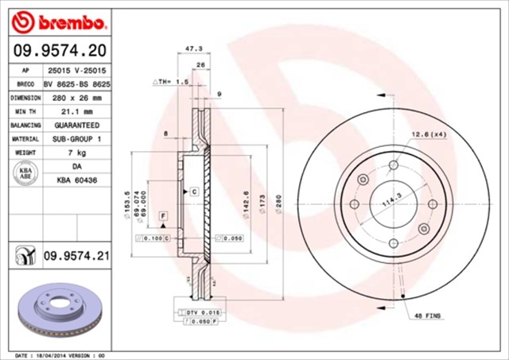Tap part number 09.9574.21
[x=76, y=255]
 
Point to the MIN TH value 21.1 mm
[x=76, y=111]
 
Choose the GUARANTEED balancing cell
[x=76, y=126]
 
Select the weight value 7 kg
[x=76, y=153]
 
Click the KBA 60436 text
[x=76, y=181]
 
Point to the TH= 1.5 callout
[x=169, y=82]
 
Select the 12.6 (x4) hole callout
[x=429, y=134]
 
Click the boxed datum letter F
[x=163, y=216]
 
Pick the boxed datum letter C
[x=193, y=192]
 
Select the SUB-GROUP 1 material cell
[x=76, y=139]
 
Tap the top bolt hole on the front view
[x=393, y=165]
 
